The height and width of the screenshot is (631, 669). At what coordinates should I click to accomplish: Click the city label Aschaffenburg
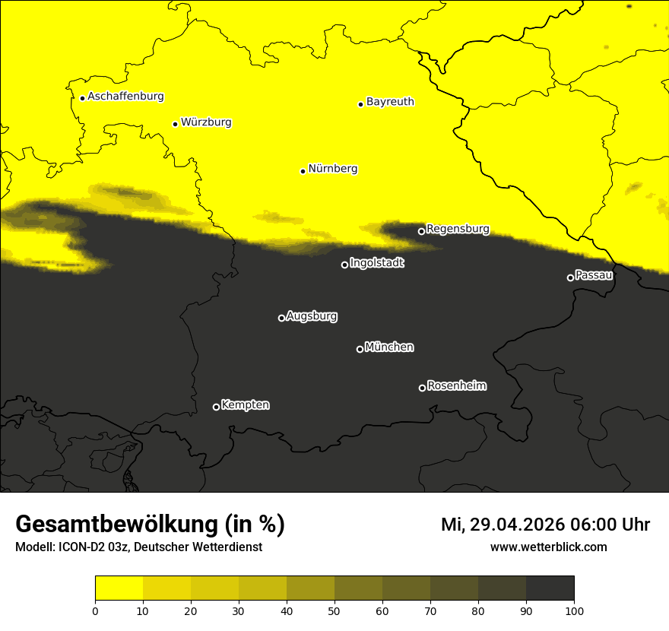pos(125,97)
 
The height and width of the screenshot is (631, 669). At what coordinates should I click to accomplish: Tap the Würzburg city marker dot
pos(175,124)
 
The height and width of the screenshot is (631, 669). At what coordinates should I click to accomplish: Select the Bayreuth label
pos(390,102)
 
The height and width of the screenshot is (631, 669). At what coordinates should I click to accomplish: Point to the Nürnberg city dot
pos(303,171)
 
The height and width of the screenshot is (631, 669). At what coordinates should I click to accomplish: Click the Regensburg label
pos(458,229)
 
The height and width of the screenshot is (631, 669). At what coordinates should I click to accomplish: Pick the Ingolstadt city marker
pos(344,265)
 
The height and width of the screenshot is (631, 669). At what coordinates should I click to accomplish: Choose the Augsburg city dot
pos(281,318)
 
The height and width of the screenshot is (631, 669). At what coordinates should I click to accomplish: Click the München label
pos(389,347)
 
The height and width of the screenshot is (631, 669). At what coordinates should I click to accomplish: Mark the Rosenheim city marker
pos(422,388)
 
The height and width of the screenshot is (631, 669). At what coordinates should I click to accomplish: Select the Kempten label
pos(245,405)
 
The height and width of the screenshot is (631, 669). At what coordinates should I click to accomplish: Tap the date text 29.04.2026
pos(517,525)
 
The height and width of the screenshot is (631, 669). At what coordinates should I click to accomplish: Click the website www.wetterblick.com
pos(548,547)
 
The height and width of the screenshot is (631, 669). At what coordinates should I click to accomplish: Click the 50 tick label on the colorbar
pos(334,610)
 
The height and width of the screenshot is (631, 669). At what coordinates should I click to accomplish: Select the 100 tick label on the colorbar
pos(574,610)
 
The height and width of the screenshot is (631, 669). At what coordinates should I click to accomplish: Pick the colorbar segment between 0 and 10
pos(119,588)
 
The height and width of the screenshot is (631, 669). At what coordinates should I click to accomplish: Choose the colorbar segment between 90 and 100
pos(550,588)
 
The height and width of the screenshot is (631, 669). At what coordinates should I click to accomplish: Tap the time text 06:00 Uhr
pos(612,525)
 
